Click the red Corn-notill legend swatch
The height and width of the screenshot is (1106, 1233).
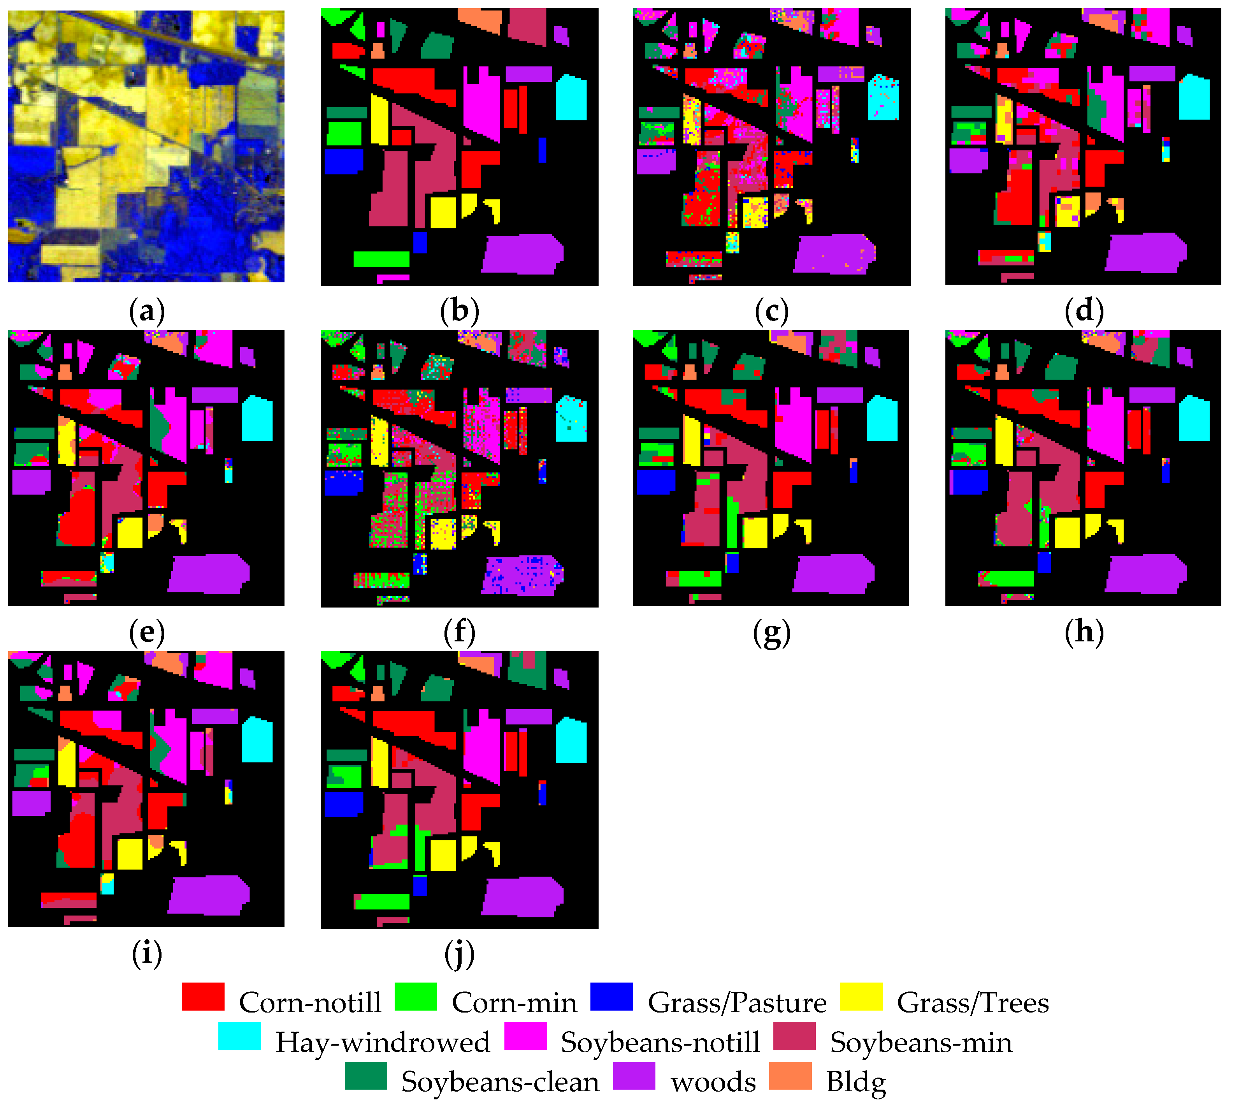click(203, 997)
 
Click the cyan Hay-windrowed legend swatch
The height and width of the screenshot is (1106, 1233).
click(239, 1036)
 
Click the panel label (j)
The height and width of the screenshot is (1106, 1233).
click(459, 954)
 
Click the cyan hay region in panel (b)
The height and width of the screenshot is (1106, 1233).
click(571, 97)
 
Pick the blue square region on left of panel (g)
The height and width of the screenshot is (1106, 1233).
click(656, 481)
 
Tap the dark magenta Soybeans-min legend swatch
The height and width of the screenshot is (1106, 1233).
click(794, 1036)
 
